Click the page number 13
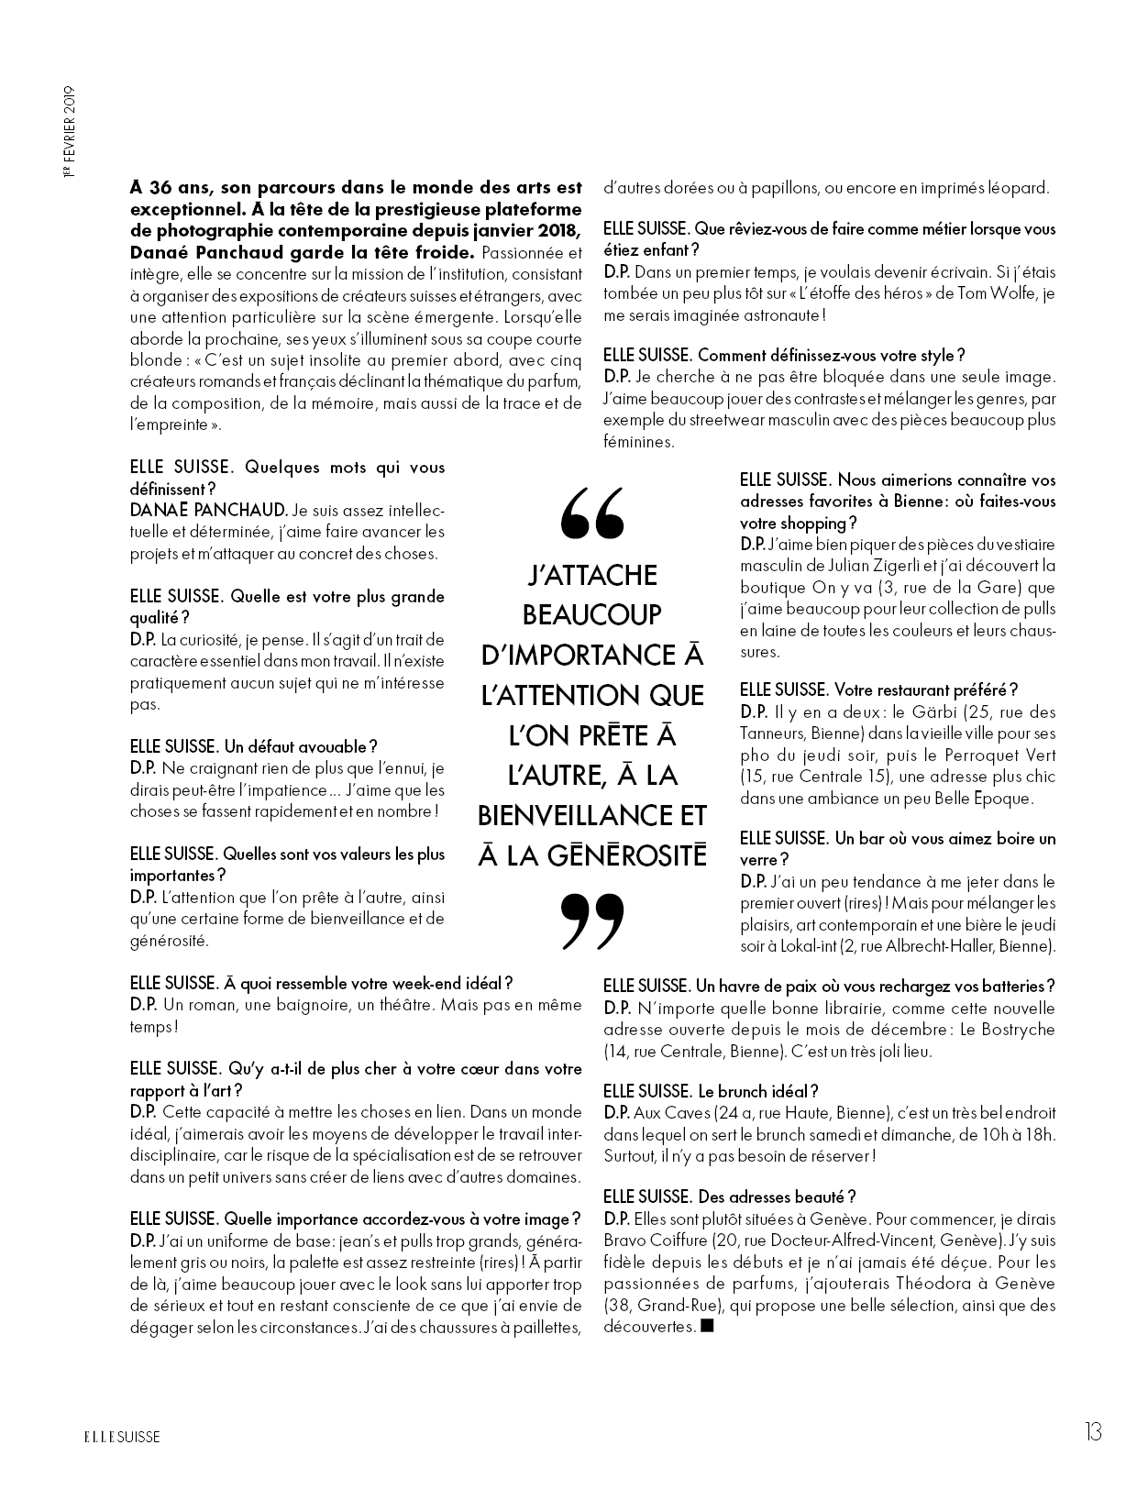click(x=1091, y=1431)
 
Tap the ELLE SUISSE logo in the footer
click(x=117, y=1437)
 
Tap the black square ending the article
click(x=706, y=1326)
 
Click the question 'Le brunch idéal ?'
click(x=757, y=1091)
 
